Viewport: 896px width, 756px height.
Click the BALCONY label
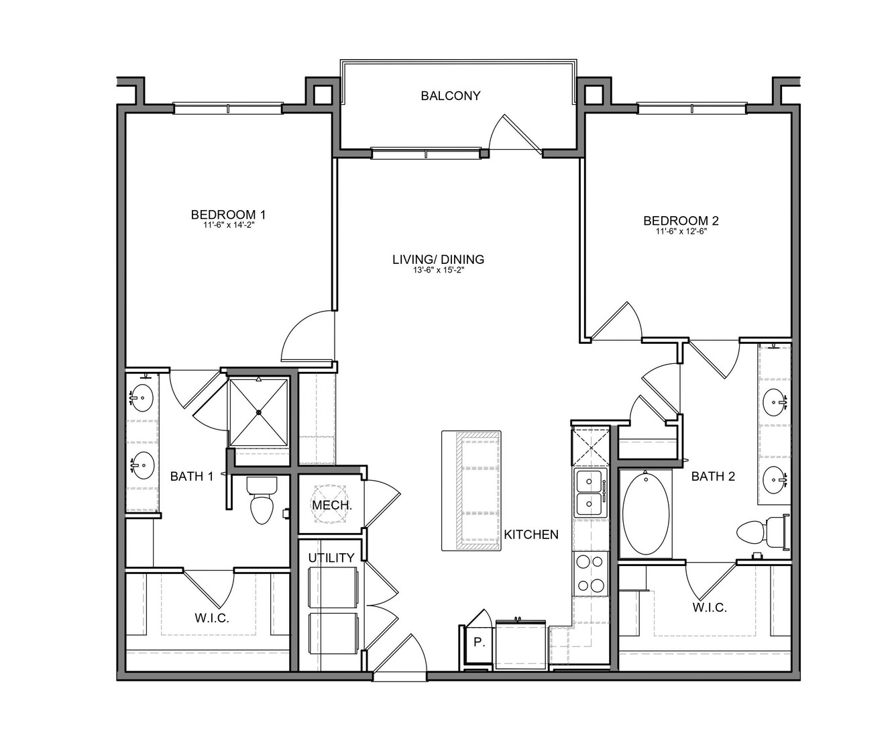tap(450, 96)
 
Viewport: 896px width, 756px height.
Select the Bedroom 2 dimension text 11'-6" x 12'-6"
tap(681, 231)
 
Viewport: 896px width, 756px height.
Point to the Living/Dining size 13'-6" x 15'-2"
tap(438, 270)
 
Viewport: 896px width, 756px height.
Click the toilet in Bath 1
tap(262, 500)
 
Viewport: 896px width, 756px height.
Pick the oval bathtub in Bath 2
tap(645, 514)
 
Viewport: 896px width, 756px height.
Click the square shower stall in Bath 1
tap(259, 412)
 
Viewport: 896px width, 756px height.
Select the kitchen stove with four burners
tap(591, 573)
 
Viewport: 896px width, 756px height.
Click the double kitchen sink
tap(591, 493)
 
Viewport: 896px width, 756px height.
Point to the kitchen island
tap(471, 491)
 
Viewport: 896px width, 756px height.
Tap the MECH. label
tap(332, 505)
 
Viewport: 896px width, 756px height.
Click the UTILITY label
tap(331, 558)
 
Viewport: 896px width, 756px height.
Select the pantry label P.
tap(479, 643)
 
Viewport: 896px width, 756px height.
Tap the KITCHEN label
tap(530, 535)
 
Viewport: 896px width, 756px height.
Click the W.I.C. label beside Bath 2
tap(710, 608)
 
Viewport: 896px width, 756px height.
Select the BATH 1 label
tap(191, 477)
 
